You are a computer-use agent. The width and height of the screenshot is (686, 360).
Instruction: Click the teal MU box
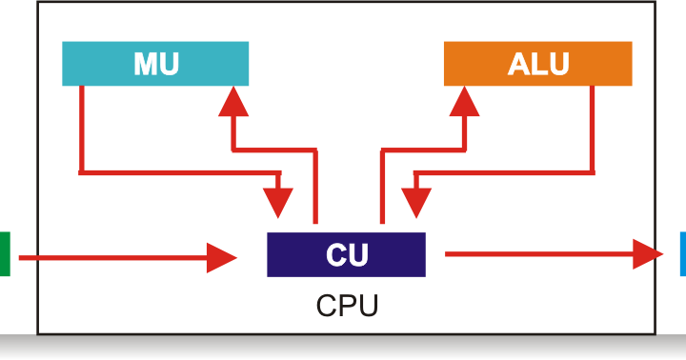coord(154,64)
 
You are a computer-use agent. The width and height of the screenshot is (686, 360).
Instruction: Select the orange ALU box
coord(537,64)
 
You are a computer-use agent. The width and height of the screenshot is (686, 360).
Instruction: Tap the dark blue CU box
coord(346,254)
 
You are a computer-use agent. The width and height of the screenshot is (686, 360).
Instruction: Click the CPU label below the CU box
coord(347,307)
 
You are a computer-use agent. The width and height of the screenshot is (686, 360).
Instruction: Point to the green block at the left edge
coord(4,254)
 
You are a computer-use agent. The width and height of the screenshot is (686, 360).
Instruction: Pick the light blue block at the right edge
coord(682,254)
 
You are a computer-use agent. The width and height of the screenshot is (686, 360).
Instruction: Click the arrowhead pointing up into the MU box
coord(233,100)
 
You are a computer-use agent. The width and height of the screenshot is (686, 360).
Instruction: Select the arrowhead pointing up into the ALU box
coord(466,100)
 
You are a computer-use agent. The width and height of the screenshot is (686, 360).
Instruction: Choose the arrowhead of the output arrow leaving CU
coord(648,254)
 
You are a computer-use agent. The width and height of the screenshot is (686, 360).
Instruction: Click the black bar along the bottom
coord(343,348)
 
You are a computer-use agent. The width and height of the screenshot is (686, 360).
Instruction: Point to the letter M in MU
coord(144,64)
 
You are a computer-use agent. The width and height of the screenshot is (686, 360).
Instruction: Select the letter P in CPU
coord(347,307)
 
